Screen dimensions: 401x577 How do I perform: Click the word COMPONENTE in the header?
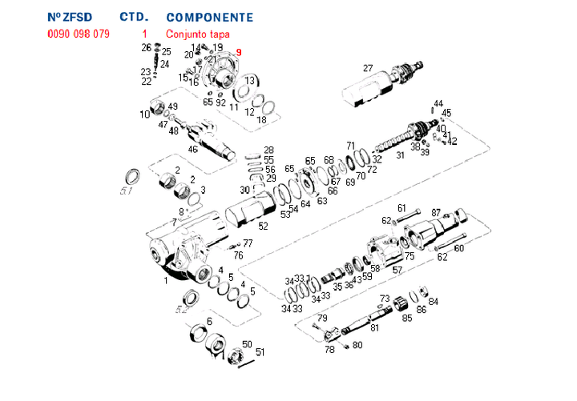pyautogui.click(x=209, y=17)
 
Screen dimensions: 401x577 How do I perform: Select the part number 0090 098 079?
pyautogui.click(x=79, y=34)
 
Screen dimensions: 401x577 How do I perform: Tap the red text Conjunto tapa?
pyautogui.click(x=198, y=34)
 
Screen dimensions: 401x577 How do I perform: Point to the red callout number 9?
pyautogui.click(x=238, y=53)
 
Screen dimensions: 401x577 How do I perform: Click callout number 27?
pyautogui.click(x=368, y=67)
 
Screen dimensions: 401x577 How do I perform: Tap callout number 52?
pyautogui.click(x=263, y=227)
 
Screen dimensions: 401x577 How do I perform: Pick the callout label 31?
pyautogui.click(x=400, y=155)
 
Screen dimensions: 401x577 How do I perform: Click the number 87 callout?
pyautogui.click(x=436, y=212)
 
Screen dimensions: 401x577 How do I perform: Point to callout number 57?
pyautogui.click(x=397, y=270)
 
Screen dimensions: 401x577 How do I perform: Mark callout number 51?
pyautogui.click(x=260, y=351)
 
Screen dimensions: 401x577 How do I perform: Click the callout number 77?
pyautogui.click(x=248, y=243)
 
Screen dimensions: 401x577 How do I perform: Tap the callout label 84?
pyautogui.click(x=434, y=302)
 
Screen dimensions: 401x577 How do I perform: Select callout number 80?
pyautogui.click(x=357, y=345)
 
